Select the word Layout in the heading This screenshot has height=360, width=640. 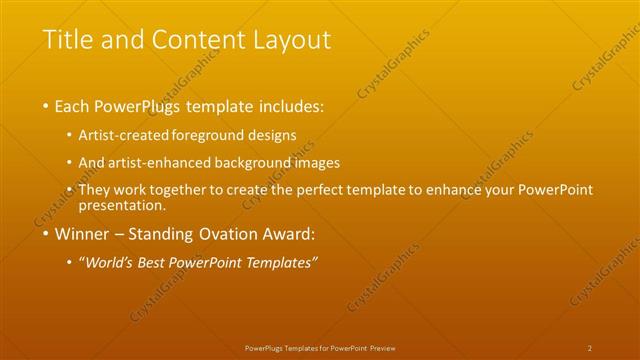[288, 40]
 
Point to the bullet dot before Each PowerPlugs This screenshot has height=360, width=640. [46, 106]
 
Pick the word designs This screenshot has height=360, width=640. [270, 134]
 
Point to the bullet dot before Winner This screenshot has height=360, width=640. [46, 236]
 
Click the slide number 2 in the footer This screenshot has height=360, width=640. [590, 347]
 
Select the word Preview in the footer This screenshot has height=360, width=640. [383, 347]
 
